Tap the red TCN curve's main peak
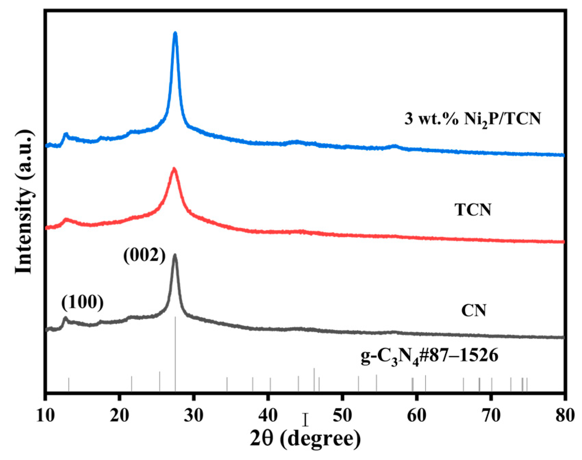tap(174, 169)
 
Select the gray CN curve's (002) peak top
tap(175, 255)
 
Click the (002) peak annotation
tap(144, 255)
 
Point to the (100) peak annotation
tap(83, 302)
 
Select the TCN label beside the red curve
tap(473, 209)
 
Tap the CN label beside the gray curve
tap(473, 311)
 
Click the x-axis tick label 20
tap(118, 416)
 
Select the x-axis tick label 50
tap(342, 416)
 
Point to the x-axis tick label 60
tap(416, 416)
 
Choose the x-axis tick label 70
tap(491, 416)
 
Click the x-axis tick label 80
tap(565, 416)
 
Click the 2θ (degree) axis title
tap(305, 439)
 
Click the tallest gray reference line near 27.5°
tap(175, 352)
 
